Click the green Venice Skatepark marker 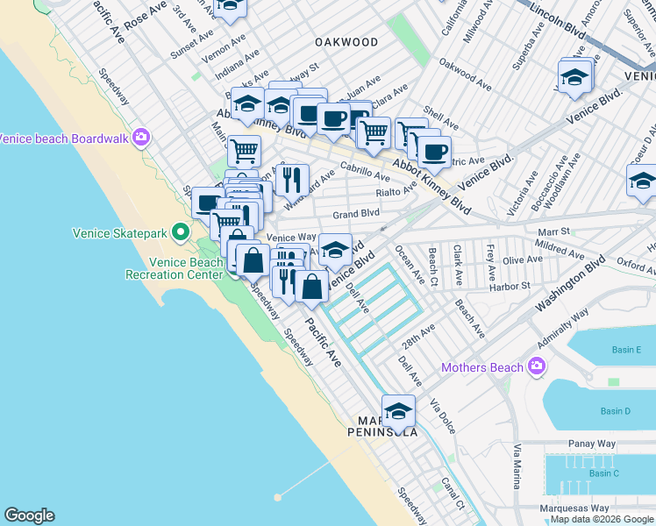181,232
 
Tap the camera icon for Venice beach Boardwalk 140,138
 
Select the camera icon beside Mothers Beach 535,366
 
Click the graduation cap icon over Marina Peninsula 398,412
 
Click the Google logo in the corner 29,515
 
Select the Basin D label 615,411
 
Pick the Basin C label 603,473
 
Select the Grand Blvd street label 356,213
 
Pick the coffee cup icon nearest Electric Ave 433,153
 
